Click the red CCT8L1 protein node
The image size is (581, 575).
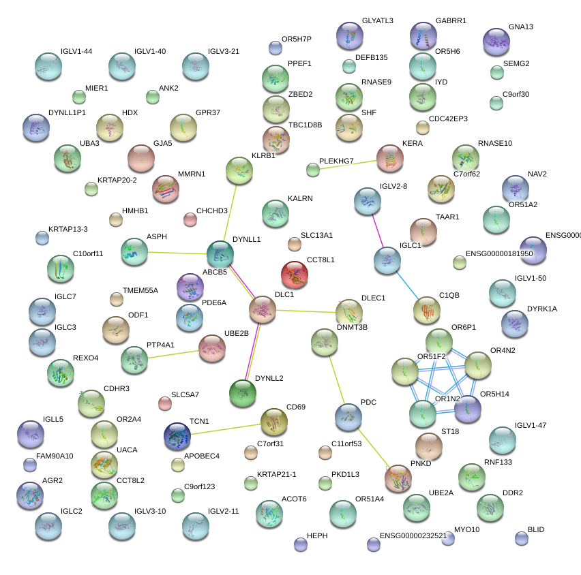(295, 275)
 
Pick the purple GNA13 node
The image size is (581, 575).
(496, 42)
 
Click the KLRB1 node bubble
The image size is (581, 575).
(239, 170)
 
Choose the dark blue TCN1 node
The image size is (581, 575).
(177, 436)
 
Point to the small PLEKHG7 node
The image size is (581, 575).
(313, 170)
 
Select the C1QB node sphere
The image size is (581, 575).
(427, 310)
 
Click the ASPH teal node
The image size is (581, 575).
(134, 251)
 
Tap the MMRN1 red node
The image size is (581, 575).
(165, 189)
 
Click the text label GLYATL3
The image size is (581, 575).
(377, 21)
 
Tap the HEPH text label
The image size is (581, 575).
(317, 536)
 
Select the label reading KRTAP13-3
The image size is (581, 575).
(68, 229)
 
